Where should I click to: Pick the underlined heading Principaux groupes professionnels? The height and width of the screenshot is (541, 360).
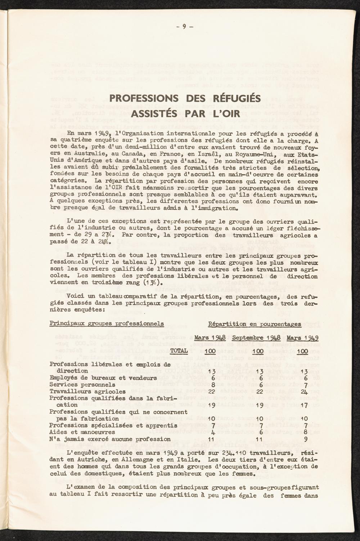coord(106,323)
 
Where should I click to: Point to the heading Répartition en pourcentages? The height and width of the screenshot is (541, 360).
coord(255,324)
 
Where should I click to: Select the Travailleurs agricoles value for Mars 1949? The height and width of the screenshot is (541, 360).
coord(305,391)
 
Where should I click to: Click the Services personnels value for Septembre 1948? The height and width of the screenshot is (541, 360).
coord(258,384)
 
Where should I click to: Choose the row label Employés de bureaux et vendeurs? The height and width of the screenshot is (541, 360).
coord(103,378)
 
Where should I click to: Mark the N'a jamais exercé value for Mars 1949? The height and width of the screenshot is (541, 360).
coord(305,439)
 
